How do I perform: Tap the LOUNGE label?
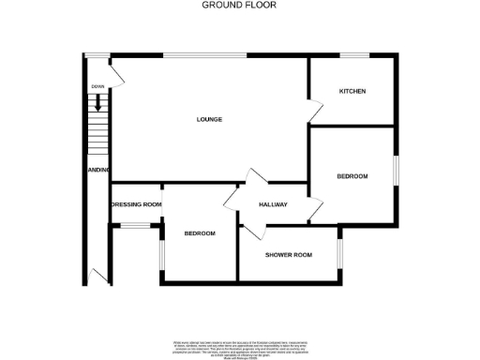click(209, 119)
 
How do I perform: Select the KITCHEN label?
click(352, 91)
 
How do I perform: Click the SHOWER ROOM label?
click(288, 255)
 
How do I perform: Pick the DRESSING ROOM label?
click(137, 204)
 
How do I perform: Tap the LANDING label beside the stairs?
click(99, 170)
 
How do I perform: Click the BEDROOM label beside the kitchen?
click(352, 176)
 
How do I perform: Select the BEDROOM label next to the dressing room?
click(200, 233)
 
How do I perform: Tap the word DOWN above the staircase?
click(97, 86)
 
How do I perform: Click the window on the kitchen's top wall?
click(352, 54)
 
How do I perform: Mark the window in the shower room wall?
click(338, 253)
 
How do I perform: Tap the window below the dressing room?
click(137, 225)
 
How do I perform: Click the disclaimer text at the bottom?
click(239, 348)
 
